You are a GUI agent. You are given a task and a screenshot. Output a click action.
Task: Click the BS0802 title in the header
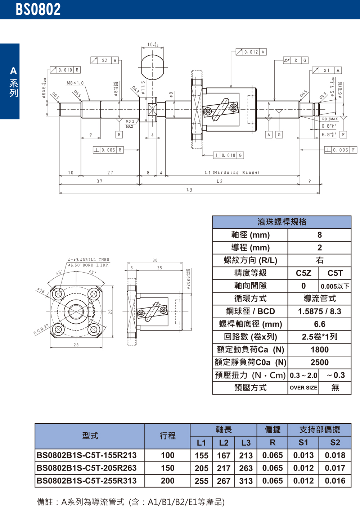point(38,9)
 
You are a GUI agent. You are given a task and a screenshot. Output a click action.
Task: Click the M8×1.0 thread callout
point(75,83)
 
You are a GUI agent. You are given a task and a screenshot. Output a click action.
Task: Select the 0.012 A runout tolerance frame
point(251,52)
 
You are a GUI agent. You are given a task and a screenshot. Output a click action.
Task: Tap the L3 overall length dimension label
point(189,190)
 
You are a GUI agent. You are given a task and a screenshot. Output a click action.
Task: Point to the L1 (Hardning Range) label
point(232,173)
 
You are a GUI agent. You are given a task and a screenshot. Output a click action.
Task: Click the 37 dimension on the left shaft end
point(99,181)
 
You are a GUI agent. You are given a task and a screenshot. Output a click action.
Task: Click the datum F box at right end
point(343,135)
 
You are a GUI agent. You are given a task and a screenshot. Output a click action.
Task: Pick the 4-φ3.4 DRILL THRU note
point(89,260)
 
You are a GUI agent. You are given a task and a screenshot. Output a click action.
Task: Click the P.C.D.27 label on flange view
point(41,329)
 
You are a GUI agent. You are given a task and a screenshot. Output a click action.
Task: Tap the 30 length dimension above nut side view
point(155,260)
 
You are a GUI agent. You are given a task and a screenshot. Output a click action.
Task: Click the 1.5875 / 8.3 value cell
point(319,311)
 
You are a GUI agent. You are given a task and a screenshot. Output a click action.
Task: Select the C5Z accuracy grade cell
point(303,273)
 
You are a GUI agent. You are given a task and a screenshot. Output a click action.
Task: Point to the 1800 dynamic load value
point(319,350)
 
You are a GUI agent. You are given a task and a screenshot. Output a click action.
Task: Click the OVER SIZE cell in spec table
point(303,388)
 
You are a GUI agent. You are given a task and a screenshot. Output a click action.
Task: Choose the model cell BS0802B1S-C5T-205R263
point(87,468)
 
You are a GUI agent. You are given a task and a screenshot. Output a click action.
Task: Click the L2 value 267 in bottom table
point(224,481)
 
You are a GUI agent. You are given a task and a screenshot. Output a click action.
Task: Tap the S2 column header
point(335,443)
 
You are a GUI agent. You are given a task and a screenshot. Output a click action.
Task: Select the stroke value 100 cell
point(167,455)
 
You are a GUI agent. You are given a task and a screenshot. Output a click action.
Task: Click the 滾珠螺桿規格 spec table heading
point(282,222)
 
